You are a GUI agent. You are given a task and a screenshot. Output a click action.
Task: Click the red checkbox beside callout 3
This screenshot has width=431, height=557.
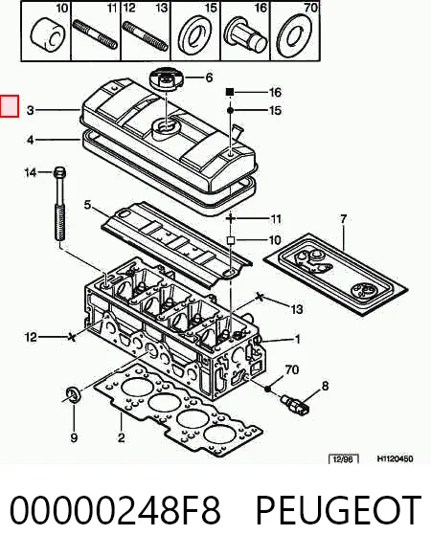10,105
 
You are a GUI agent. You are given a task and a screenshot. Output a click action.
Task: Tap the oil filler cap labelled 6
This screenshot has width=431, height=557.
167,80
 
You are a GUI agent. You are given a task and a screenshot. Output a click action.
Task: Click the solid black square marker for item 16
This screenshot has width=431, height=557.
230,92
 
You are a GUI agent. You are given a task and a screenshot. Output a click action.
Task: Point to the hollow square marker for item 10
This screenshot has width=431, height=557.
231,241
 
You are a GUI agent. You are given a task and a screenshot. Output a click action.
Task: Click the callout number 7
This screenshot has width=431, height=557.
343,219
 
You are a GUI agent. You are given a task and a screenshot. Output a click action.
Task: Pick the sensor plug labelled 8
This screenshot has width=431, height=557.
295,406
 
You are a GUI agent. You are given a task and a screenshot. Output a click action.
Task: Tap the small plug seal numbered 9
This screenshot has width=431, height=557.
74,394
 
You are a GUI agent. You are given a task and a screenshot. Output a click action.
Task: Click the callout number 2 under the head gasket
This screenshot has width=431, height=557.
122,438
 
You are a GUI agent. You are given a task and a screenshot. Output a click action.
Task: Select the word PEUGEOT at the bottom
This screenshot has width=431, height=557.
338,510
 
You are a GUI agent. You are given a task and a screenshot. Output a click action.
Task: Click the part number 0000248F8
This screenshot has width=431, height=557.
115,510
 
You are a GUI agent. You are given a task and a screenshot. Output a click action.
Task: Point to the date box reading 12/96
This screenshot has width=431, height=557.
344,459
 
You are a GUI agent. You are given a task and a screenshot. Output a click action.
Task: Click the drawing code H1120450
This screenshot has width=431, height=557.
395,458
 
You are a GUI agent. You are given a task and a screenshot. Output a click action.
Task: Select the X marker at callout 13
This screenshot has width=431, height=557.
260,297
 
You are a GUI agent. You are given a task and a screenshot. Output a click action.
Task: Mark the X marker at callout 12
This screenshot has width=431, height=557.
72,337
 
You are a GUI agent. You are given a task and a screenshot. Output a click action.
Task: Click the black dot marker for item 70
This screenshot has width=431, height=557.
268,389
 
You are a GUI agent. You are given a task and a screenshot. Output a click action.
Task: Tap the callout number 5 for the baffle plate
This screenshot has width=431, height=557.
87,205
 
